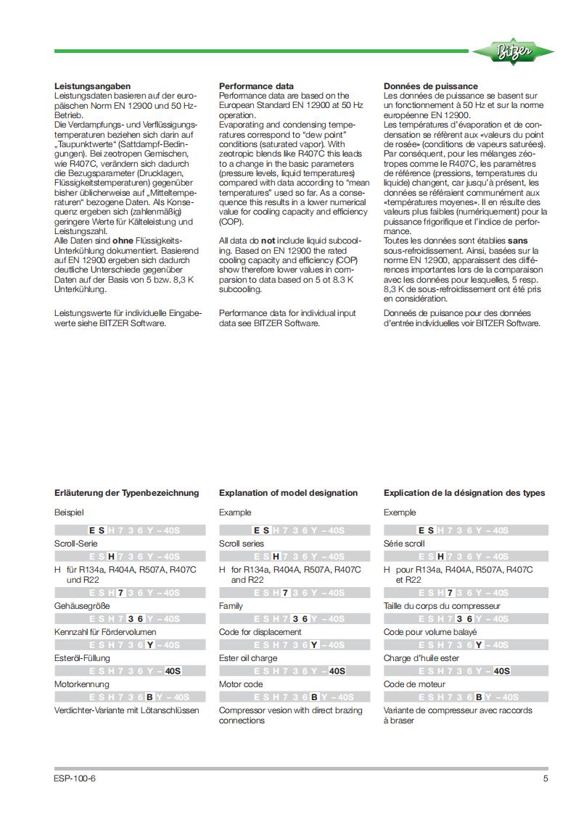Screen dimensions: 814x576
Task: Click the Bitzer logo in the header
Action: point(513,51)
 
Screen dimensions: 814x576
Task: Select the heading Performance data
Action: point(256,86)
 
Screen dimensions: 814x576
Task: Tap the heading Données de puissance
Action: point(430,86)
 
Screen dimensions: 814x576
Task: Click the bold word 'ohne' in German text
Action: point(115,241)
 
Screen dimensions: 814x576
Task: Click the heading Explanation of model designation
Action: point(288,493)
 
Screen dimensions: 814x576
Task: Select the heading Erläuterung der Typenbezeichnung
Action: point(127,493)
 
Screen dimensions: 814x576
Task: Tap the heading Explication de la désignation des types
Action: point(464,493)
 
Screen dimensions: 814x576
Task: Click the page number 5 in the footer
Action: point(546,779)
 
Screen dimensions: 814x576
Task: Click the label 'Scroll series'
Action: point(242,544)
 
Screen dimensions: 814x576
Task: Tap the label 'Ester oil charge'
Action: point(248,658)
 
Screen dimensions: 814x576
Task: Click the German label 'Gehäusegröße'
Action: point(80,606)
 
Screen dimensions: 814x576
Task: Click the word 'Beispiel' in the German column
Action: point(70,512)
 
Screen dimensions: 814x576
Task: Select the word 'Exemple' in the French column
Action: point(400,512)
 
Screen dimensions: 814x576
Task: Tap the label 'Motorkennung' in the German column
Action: point(81,684)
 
